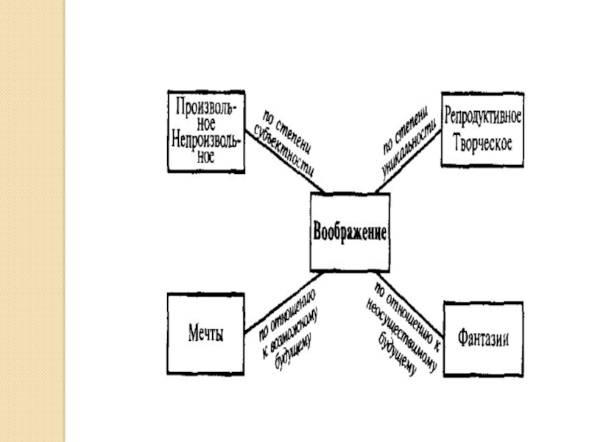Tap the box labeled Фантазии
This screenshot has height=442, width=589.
tap(483, 339)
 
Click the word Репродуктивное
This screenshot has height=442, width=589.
tap(483, 118)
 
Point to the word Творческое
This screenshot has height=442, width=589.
tap(483, 143)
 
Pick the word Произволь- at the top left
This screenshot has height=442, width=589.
tap(206, 105)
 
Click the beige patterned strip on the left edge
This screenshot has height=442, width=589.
tap(33, 221)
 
